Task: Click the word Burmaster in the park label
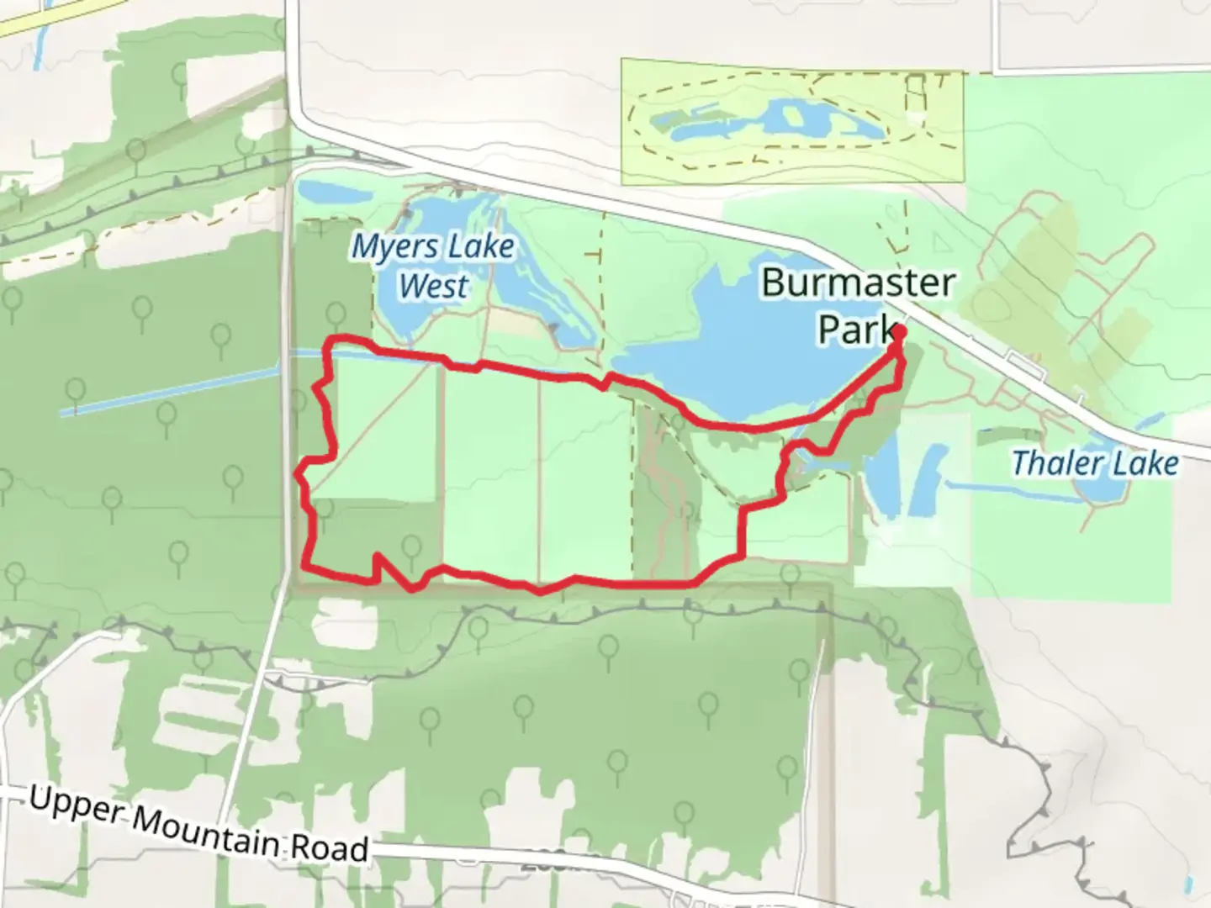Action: (x=858, y=282)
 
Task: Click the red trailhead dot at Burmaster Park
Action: (x=898, y=332)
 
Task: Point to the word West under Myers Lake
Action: (x=433, y=286)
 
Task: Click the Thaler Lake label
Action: (x=1094, y=462)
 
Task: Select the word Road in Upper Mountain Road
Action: (x=330, y=847)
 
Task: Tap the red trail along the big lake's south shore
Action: (x=748, y=427)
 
